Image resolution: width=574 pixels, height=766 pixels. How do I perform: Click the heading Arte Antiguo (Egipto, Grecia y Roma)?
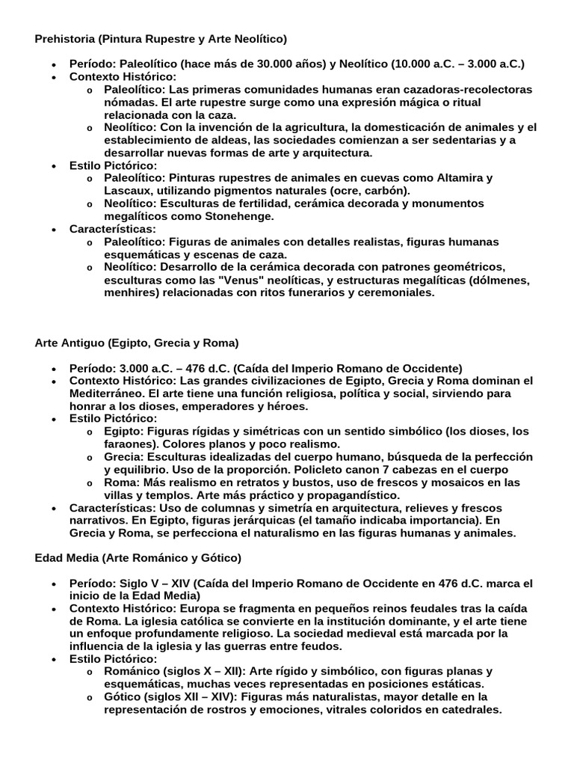(137, 343)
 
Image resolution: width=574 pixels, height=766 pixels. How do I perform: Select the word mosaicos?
(436, 482)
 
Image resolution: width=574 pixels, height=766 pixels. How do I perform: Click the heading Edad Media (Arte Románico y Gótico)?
(138, 558)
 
